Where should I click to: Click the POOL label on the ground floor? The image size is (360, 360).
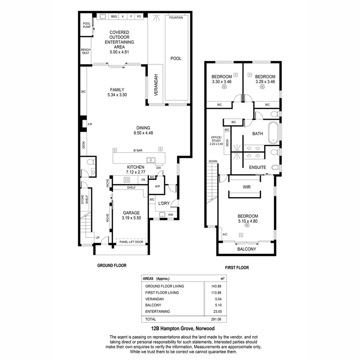(x=176, y=58)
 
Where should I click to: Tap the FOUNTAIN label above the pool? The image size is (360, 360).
(x=176, y=18)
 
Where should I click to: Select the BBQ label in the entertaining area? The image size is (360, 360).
(x=114, y=17)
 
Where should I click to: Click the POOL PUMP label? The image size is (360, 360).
(x=86, y=25)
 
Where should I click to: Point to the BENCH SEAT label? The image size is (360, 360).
(x=86, y=52)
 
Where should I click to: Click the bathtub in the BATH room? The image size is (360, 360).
(x=274, y=133)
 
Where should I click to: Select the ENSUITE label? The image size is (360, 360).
(x=257, y=168)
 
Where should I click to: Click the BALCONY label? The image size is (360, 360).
(x=246, y=249)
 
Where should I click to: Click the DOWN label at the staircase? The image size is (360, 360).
(x=212, y=162)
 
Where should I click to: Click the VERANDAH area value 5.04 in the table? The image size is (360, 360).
(x=218, y=299)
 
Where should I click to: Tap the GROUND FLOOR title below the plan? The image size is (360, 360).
(x=112, y=265)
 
